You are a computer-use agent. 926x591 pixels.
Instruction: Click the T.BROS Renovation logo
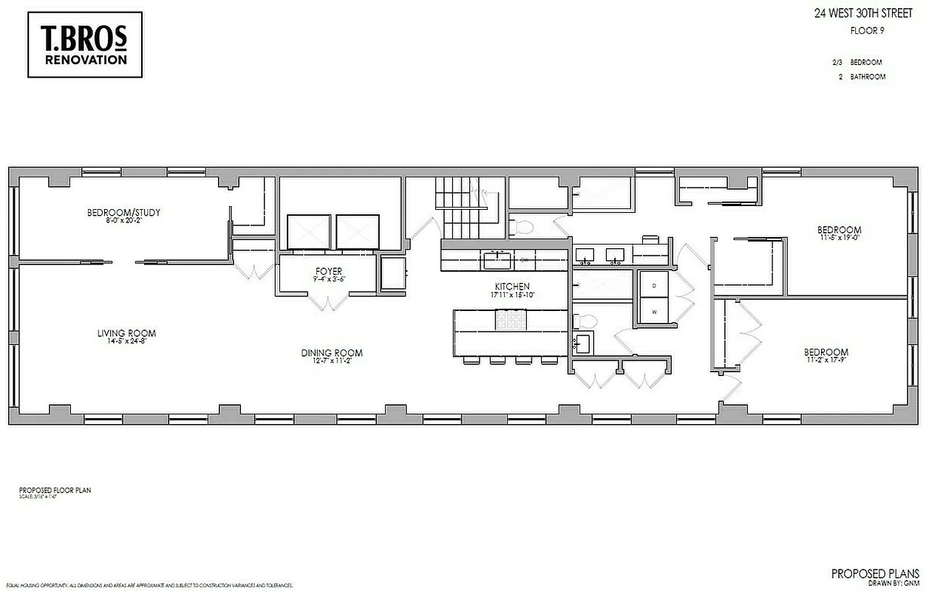pos(85,44)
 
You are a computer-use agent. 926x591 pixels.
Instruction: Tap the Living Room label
pos(126,333)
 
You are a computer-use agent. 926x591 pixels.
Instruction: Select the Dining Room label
pos(332,353)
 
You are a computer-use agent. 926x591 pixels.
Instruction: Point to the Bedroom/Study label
pos(123,213)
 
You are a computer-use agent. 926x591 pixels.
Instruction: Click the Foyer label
pos(329,272)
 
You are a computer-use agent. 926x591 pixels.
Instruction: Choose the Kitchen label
pos(512,287)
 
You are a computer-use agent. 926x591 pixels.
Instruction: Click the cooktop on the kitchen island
pos(511,319)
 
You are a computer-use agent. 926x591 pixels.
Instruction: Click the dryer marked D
pos(653,284)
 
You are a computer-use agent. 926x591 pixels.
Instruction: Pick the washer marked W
pos(653,311)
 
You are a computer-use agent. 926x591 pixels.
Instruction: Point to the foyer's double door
pos(329,302)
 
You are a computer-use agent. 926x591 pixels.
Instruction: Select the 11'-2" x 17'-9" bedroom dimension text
pos(826,361)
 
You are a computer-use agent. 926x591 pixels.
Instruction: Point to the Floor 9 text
pos(868,31)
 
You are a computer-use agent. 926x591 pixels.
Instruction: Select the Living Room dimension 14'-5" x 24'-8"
pos(126,342)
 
